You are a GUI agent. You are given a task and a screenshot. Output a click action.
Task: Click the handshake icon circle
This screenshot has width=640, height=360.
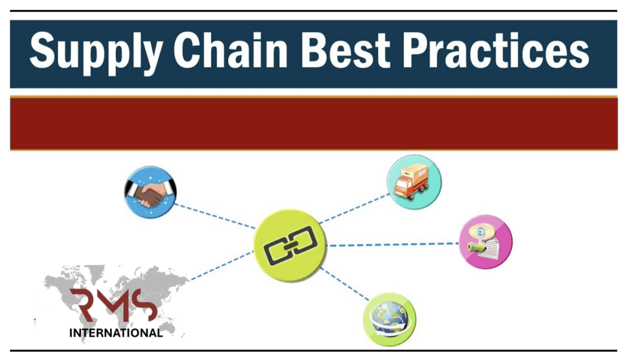pos(150,192)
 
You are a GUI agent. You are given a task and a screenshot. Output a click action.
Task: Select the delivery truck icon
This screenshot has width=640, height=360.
pos(414,181)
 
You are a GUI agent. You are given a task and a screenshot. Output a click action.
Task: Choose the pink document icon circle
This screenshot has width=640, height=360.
pos(486,242)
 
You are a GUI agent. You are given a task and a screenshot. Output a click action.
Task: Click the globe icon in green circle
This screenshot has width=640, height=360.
pos(389,319)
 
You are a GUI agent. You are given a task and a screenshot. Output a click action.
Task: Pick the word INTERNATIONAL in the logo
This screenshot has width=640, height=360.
pos(116,333)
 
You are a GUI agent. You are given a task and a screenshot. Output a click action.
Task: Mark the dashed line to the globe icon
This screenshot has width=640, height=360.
pos(346,284)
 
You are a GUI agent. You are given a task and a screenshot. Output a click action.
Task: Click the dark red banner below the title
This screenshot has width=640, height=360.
pos(313,123)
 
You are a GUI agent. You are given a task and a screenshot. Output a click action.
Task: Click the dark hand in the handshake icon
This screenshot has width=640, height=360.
pos(146,197)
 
